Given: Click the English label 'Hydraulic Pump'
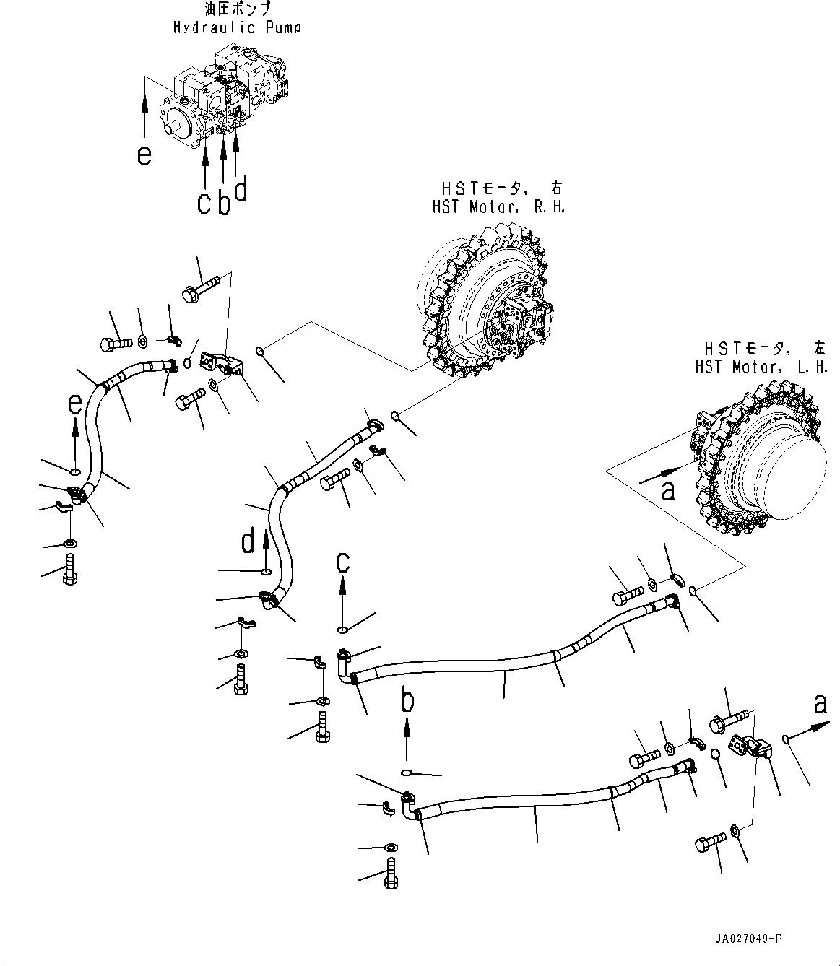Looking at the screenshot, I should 237,27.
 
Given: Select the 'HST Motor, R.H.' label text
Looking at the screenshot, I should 498,206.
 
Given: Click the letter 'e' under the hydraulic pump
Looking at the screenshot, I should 145,155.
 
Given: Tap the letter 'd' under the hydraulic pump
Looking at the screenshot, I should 241,189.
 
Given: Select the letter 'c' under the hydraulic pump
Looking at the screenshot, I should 204,203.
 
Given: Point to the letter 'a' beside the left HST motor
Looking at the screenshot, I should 669,491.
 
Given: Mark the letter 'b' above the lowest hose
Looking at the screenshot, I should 408,700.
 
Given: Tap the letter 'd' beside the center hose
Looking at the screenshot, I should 248,541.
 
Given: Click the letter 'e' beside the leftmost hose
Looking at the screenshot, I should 74,405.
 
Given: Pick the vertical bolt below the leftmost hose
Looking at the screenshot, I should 70,567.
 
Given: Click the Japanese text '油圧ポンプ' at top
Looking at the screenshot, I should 237,10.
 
